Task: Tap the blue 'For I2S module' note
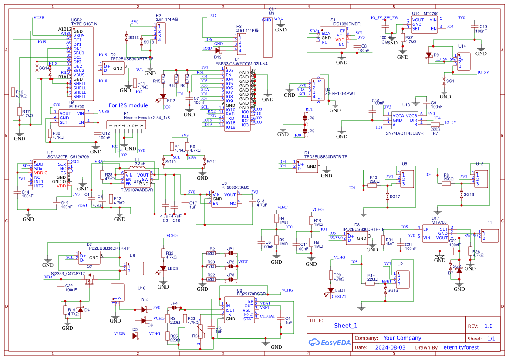pos(128,105)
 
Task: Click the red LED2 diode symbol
pos(163,96)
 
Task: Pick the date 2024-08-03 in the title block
pos(390,347)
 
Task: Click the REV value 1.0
pos(488,326)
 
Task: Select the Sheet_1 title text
pos(345,326)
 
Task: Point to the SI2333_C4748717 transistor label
pos(67,273)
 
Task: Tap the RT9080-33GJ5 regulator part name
pos(235,187)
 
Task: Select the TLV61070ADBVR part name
pos(137,190)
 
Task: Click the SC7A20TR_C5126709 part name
pos(68,156)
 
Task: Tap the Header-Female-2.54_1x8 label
pos(146,118)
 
